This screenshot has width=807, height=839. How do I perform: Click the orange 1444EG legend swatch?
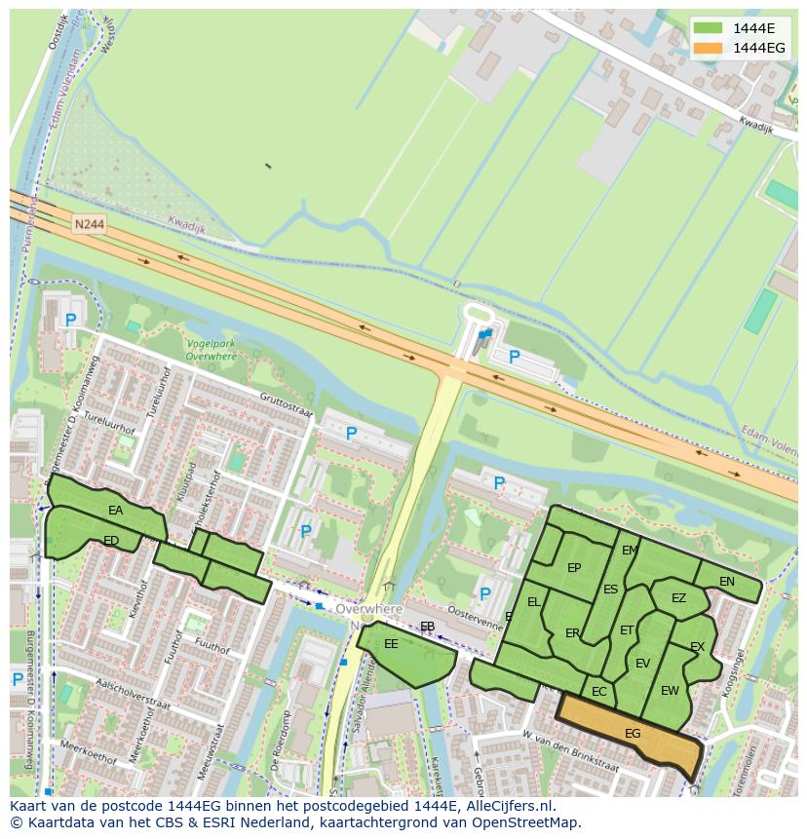(x=709, y=48)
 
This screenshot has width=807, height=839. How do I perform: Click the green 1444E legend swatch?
(x=709, y=27)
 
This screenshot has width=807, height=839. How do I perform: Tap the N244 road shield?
(x=88, y=224)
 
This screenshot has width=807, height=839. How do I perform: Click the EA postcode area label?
(x=116, y=511)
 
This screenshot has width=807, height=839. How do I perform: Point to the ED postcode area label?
(x=111, y=541)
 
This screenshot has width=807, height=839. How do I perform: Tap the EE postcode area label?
(x=391, y=644)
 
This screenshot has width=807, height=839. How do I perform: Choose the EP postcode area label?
(x=574, y=569)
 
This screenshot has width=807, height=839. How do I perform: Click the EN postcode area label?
(x=727, y=582)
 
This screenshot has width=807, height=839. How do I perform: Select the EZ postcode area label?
(x=678, y=598)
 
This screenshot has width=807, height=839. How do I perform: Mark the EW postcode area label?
(x=670, y=691)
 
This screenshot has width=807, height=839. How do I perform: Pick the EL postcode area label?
(x=533, y=602)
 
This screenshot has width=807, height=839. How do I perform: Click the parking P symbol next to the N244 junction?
(x=515, y=358)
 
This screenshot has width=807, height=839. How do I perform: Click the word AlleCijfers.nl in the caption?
(x=506, y=806)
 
